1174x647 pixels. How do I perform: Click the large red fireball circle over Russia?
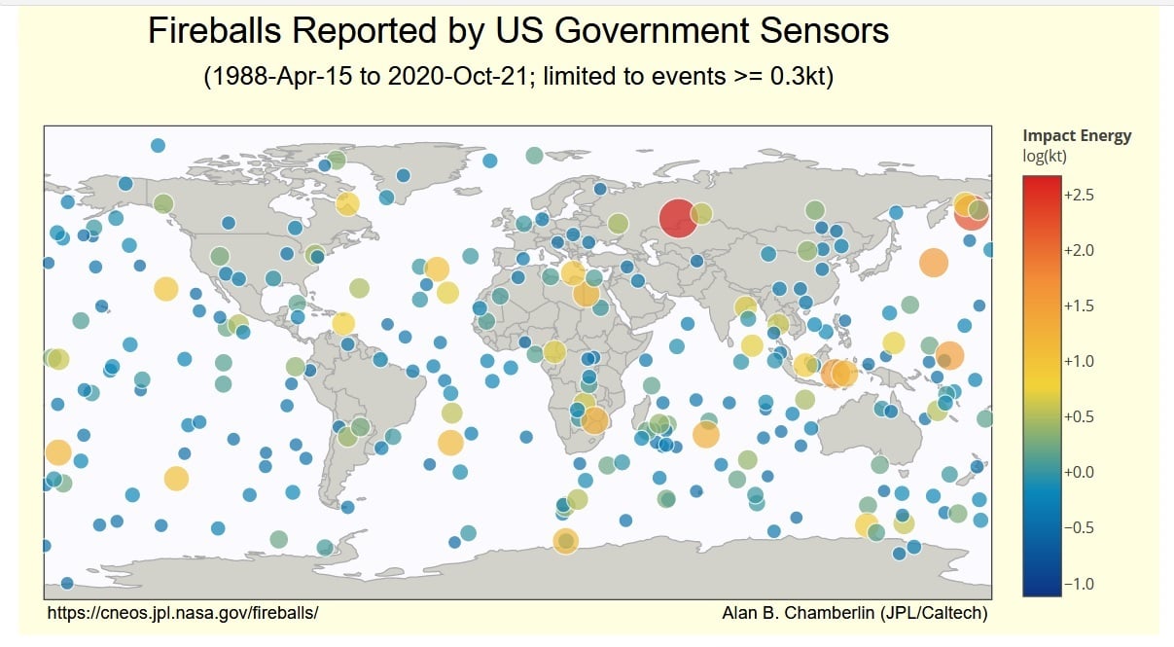[678, 217]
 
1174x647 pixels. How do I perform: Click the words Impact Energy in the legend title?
[1077, 136]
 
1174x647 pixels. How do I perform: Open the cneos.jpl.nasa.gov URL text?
[183, 613]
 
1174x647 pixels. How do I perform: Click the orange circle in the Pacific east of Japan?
[933, 263]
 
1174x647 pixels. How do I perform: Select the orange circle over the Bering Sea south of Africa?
[565, 541]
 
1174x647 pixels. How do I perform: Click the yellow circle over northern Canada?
[347, 204]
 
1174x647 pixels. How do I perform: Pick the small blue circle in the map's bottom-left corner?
[67, 583]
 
